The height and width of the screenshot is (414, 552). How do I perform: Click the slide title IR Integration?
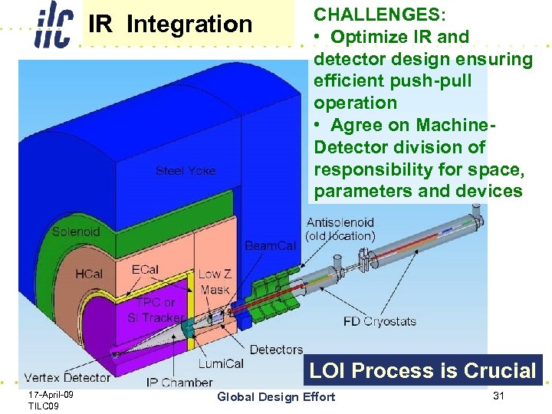169,24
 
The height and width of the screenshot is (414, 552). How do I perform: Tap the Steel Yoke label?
186,170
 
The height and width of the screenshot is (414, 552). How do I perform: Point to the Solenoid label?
76,231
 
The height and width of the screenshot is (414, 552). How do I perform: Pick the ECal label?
146,269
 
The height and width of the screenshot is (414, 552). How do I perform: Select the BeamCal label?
270,245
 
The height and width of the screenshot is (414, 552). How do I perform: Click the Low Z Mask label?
214,281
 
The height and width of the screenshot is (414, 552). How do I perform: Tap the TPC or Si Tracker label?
156,310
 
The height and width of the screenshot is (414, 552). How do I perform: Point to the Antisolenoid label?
340,223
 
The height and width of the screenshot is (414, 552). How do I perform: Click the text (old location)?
340,236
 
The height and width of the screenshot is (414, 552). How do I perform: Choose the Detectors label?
276,350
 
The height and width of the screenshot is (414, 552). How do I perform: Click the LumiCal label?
222,363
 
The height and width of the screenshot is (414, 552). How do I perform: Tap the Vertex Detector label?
67,377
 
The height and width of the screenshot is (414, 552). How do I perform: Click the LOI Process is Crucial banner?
422,371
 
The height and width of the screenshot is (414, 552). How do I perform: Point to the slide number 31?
500,396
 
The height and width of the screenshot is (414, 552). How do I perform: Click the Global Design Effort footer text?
276,396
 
